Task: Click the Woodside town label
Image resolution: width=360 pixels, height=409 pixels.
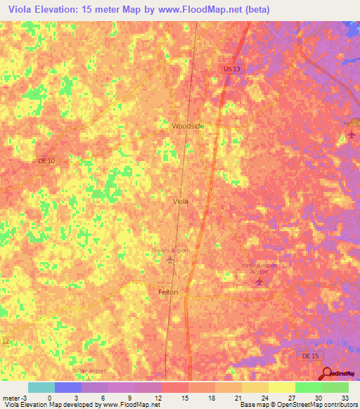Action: [x=188, y=126]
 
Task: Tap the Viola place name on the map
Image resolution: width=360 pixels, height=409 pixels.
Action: [x=181, y=201]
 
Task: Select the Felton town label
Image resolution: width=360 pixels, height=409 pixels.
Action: [x=167, y=292]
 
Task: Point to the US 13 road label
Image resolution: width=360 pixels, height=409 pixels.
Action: [x=223, y=69]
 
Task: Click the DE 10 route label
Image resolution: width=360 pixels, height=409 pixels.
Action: [x=46, y=161]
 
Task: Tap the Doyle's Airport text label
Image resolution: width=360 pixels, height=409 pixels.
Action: [x=170, y=249]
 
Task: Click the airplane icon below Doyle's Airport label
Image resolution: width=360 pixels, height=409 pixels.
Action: [x=170, y=261]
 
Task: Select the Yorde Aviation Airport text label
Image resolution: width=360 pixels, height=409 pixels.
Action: [x=259, y=268]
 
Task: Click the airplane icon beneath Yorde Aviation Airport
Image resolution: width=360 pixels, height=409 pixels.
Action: [x=259, y=282]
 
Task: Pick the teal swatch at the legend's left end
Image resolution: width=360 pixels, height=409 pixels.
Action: [x=41, y=387]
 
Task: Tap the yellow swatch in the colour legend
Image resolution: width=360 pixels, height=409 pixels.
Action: [x=281, y=387]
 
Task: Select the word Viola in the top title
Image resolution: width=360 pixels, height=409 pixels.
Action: [x=21, y=9]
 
